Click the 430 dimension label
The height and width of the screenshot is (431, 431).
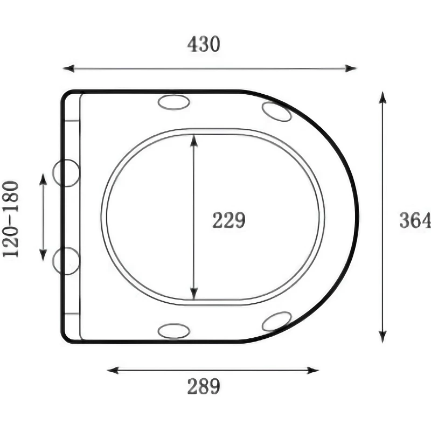coord(204,44)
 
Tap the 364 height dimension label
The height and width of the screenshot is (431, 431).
coord(415,220)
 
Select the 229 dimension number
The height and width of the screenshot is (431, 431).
coord(228,220)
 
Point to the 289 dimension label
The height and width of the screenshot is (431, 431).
coord(204,386)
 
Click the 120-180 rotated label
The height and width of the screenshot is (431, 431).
coord(10,219)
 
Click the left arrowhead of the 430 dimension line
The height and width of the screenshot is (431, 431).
coord(69,68)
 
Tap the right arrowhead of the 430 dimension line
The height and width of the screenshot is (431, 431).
coord(351,68)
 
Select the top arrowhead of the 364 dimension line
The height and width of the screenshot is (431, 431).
coord(383,98)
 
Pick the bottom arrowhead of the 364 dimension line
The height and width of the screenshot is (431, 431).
coord(383,337)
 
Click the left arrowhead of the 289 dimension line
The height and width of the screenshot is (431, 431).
coord(113,370)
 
